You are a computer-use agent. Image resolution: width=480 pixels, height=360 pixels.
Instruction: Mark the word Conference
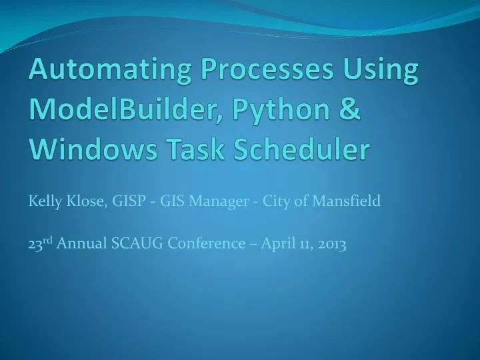(206, 244)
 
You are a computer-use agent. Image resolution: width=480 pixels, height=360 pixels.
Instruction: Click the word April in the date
(277, 244)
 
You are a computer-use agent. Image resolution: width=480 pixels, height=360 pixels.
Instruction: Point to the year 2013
(332, 244)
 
